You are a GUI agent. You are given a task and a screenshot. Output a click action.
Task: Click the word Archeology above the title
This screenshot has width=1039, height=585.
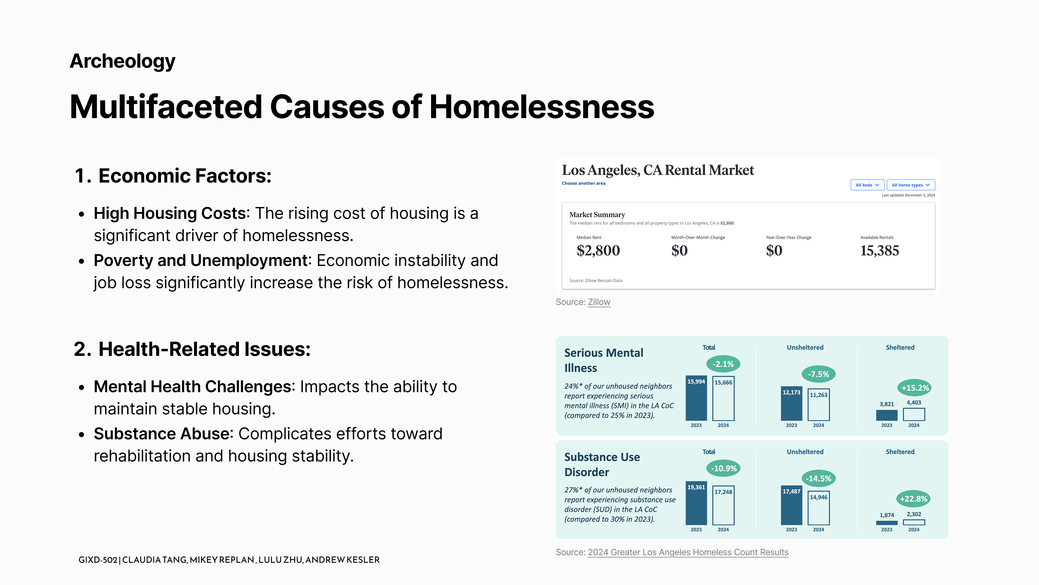pos(123,61)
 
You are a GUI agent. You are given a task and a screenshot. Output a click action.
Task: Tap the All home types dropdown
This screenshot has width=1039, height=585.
pos(910,185)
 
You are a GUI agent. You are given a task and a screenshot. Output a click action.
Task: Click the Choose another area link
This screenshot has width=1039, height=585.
pos(583,183)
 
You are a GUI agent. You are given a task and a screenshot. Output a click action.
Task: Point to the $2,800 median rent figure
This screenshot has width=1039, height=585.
pos(598,251)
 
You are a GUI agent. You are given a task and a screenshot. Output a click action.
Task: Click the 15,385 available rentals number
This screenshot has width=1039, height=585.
pos(879,251)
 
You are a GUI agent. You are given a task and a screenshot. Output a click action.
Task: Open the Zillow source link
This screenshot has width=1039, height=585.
pos(599,302)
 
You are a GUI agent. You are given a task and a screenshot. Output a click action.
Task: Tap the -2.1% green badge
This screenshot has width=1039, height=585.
pos(723,364)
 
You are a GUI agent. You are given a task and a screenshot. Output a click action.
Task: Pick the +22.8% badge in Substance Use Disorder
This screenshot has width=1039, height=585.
pos(913,499)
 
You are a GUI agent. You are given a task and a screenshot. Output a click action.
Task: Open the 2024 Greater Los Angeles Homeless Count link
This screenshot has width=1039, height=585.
pos(688,552)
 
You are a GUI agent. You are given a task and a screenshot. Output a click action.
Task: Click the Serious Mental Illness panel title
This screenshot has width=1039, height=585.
pos(603,360)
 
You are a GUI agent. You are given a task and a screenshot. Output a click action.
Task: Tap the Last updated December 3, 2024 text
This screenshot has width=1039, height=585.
pos(908,195)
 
